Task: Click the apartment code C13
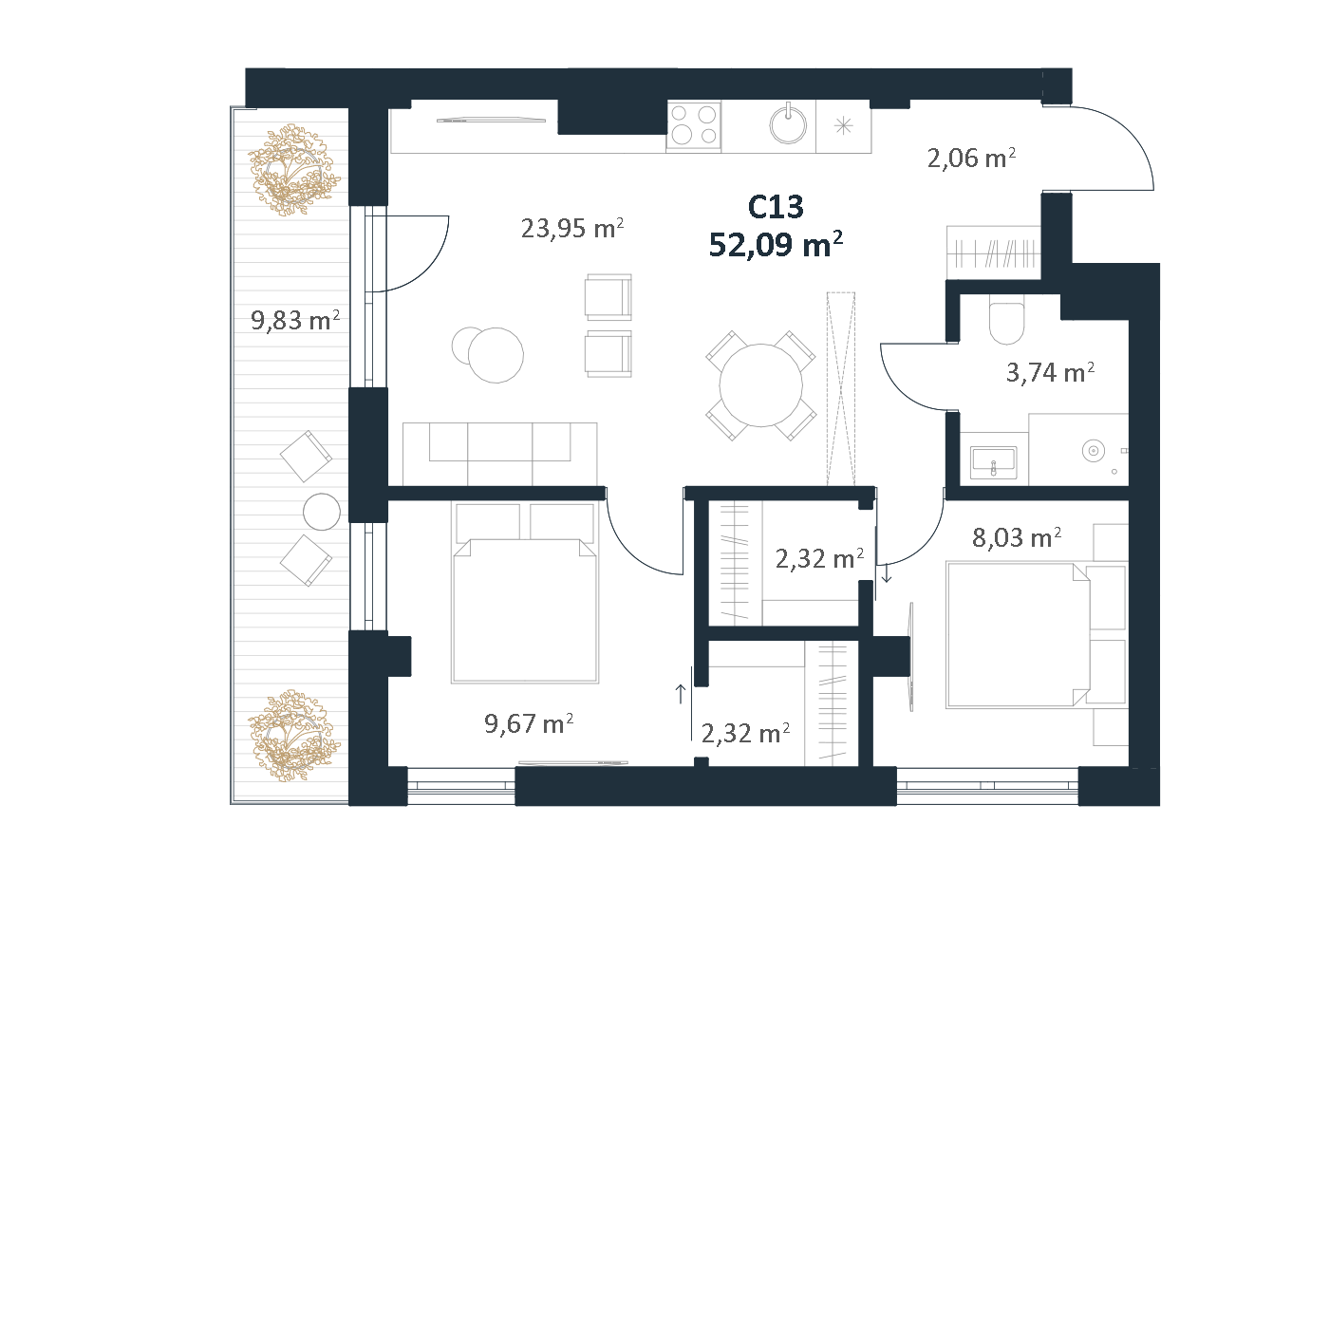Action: [x=776, y=207]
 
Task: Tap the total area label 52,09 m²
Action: [x=776, y=244]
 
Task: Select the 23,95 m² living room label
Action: [x=571, y=228]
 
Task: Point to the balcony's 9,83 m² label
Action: [x=294, y=320]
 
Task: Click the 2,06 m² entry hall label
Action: [x=970, y=158]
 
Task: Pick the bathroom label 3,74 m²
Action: [x=1050, y=372]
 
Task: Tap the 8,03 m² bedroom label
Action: [x=1016, y=537]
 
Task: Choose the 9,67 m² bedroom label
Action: [x=529, y=723]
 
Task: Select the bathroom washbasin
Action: [x=993, y=461]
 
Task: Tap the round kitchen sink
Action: [x=788, y=125]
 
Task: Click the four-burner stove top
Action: [x=694, y=125]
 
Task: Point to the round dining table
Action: [x=760, y=384]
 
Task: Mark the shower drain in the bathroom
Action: [x=1094, y=451]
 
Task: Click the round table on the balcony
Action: [x=322, y=512]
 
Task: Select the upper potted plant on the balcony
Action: [x=293, y=170]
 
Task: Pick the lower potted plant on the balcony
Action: [x=293, y=735]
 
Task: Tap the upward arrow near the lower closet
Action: [x=680, y=694]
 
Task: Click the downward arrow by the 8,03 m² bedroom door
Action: [x=887, y=572]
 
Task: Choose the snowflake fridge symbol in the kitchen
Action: [x=844, y=125]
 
